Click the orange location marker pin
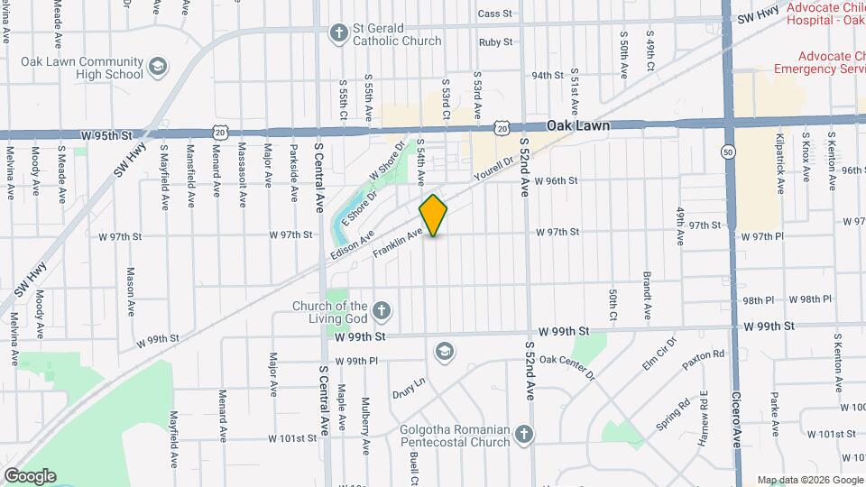(434, 216)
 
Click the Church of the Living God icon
(382, 312)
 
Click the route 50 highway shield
(727, 152)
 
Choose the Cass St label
(495, 14)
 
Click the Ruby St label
(495, 41)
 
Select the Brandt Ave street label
(647, 295)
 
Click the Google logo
(29, 475)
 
